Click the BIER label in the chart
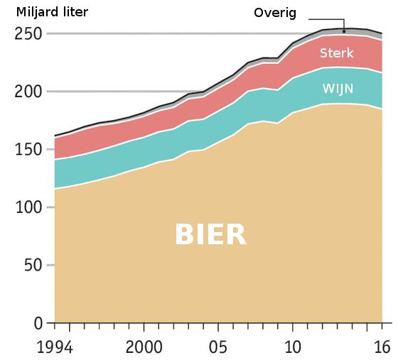[210, 234]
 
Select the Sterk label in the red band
[336, 53]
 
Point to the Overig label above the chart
[276, 13]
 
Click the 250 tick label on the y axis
[28, 33]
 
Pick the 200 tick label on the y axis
[28, 92]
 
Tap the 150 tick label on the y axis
[28, 149]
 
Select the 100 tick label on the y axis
[28, 207]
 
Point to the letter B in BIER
[184, 234]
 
